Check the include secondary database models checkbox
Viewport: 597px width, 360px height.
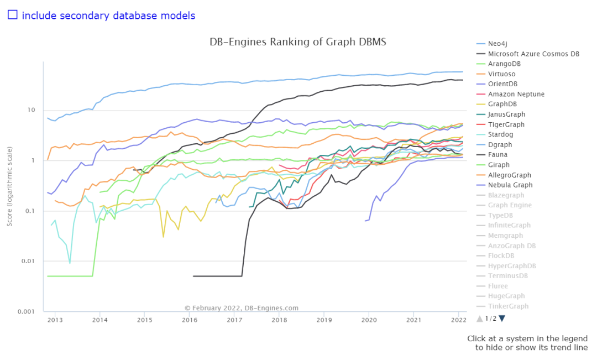tap(13, 15)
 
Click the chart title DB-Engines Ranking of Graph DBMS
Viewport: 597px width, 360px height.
tap(297, 42)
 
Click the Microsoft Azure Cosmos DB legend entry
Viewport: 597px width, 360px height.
tap(533, 54)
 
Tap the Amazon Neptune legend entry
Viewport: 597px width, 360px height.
tap(516, 94)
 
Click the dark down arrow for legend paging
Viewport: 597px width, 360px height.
tap(502, 318)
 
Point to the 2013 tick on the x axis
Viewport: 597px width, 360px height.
tap(55, 320)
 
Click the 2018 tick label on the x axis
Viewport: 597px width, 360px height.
tap(280, 320)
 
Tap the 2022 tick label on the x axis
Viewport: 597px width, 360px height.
tap(459, 320)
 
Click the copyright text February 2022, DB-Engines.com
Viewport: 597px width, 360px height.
tap(242, 308)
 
